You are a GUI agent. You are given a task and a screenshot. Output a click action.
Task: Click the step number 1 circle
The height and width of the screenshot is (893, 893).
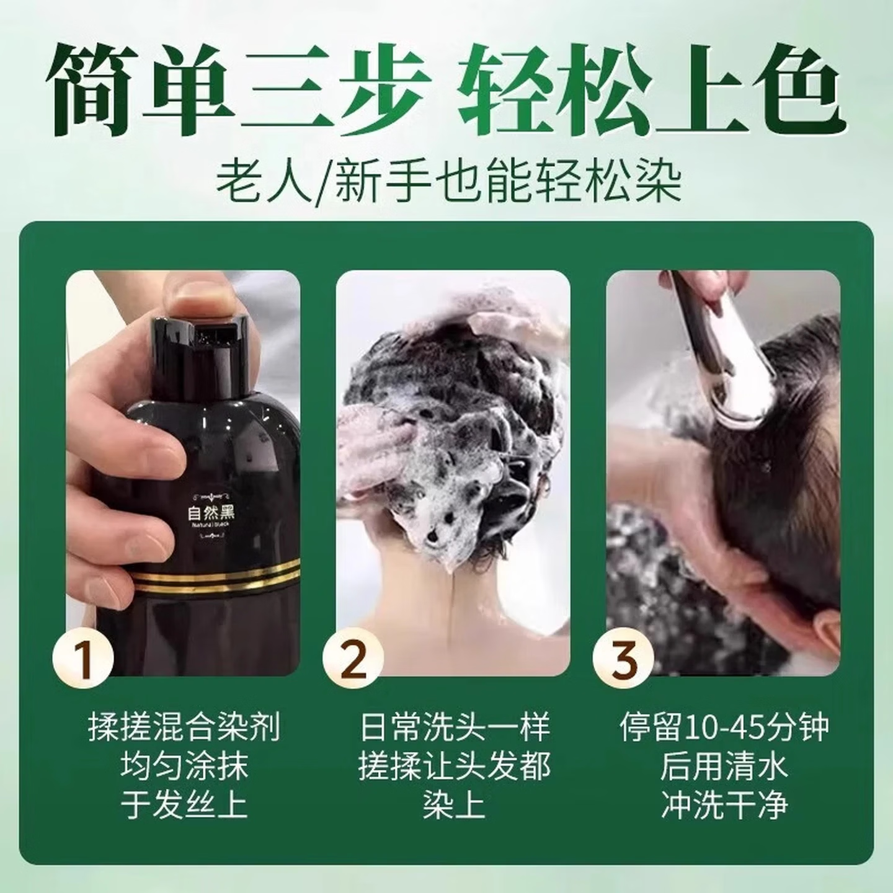point(84,659)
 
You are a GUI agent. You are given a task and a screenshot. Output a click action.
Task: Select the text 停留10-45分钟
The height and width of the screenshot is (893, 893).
point(724,727)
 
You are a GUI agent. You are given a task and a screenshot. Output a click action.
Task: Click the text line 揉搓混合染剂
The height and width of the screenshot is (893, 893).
point(184,727)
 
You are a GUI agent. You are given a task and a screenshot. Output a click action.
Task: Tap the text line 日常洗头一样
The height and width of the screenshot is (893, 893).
point(455,727)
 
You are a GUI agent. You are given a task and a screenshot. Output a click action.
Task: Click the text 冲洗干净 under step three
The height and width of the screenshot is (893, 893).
point(724,805)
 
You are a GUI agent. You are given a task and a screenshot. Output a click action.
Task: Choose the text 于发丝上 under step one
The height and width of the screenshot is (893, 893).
point(184,805)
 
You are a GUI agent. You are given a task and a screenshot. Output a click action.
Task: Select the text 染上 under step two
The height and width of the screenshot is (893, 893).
point(455,805)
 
